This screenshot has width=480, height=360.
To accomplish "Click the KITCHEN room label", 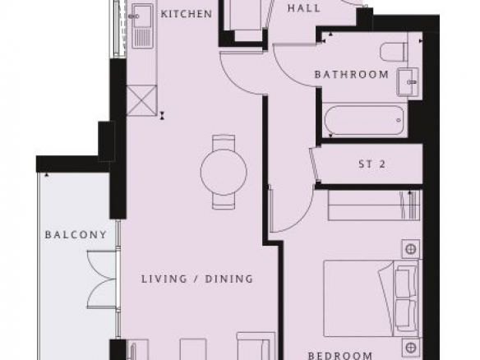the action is click(186, 14).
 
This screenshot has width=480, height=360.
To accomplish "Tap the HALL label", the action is click(304, 8).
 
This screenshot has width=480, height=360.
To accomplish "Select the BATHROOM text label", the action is click(352, 75).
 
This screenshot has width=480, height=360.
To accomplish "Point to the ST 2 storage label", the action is click(372, 164).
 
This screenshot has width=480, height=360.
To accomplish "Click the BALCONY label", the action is click(76, 235).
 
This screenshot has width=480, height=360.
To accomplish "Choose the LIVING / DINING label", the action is click(197, 279).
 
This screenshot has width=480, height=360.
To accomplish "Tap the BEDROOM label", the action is click(340, 356).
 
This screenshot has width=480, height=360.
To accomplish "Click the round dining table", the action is click(224, 172).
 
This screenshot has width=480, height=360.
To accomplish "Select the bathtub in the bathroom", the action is click(364, 120).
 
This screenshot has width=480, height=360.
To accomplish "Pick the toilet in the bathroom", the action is click(394, 52).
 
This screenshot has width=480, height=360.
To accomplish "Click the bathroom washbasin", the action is click(408, 81).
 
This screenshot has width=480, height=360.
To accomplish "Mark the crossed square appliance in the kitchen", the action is click(141, 100).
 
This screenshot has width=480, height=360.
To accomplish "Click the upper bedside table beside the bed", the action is click(410, 249).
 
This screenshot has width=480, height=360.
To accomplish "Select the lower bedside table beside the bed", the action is click(410, 347).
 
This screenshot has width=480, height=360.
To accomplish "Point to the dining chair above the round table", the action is click(224, 142).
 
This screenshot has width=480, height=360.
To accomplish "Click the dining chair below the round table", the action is click(224, 201).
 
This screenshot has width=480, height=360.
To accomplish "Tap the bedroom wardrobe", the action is click(375, 205).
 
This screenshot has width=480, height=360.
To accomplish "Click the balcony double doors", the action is click(102, 279).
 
